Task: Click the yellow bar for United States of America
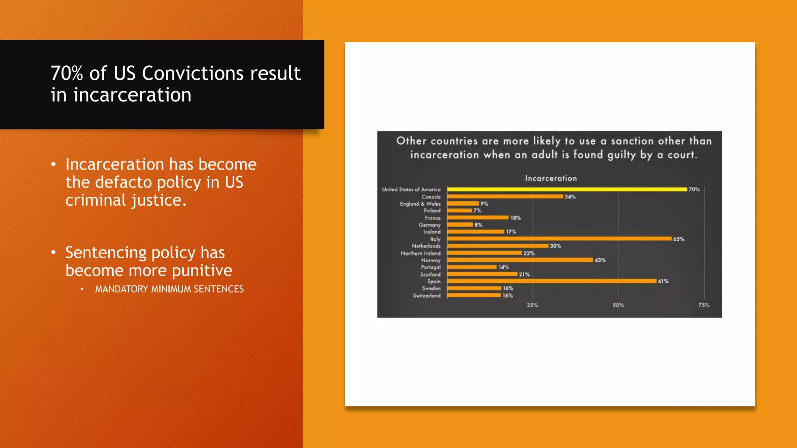coord(567,189)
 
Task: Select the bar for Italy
coord(559,239)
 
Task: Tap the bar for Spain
coord(551,281)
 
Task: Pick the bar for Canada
coord(505,197)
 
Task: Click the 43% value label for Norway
coord(600,260)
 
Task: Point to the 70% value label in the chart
coord(694,189)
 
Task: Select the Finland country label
coord(432,211)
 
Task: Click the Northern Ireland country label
coord(421,253)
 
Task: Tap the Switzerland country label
coord(427,296)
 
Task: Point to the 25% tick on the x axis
coord(532,305)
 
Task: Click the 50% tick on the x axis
coord(618,305)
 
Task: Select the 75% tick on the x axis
coord(704,305)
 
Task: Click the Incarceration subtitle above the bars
coord(551,178)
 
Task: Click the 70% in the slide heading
coord(67,73)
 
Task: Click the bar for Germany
coord(460,225)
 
